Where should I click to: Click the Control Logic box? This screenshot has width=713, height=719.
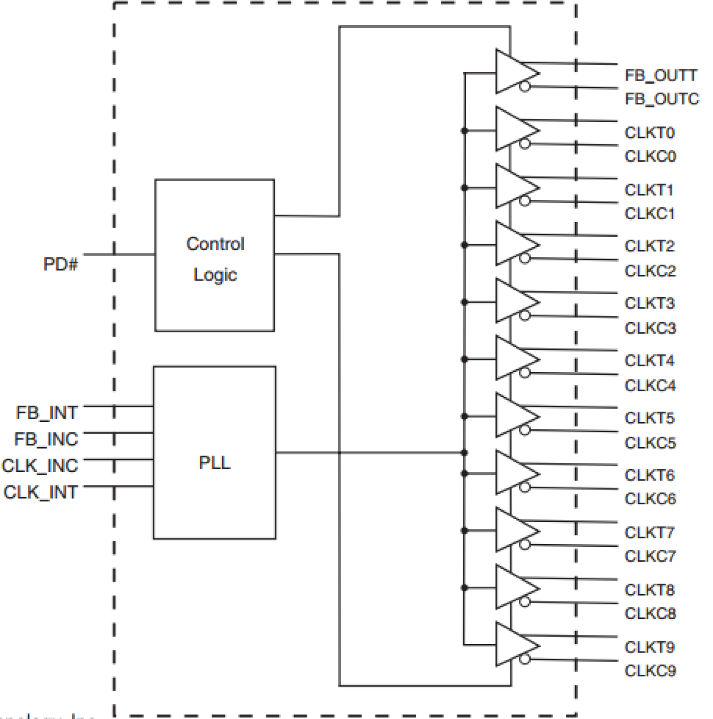(215, 256)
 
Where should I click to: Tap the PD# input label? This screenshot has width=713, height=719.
(60, 264)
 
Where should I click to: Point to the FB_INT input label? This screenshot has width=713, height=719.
(47, 413)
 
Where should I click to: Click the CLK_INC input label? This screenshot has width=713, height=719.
(40, 466)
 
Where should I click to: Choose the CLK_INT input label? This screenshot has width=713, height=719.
(40, 492)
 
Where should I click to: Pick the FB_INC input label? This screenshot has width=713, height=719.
(46, 439)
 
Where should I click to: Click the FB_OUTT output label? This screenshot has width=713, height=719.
(661, 75)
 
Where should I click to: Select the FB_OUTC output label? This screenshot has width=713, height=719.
(662, 99)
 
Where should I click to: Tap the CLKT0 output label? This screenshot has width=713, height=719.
(649, 133)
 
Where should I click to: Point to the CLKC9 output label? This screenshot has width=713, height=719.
(650, 671)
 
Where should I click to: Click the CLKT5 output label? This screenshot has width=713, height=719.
(649, 418)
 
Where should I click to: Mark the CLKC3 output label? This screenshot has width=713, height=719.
(650, 328)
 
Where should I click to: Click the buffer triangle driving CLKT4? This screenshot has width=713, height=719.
(514, 358)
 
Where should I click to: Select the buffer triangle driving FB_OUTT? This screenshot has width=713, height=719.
(514, 72)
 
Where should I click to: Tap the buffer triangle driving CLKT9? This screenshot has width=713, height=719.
(514, 645)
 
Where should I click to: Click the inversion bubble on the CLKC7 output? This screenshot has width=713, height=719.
(525, 545)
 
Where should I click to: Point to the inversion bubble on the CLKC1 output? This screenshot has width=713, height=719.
(525, 201)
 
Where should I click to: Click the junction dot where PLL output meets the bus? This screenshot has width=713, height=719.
(464, 453)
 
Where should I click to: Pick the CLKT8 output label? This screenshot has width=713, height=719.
(649, 590)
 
